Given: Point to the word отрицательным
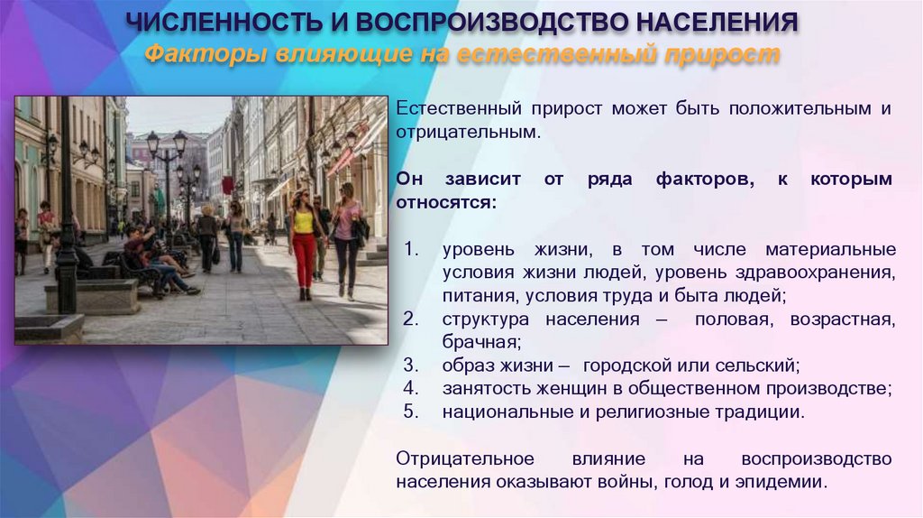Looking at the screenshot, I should coord(468,132).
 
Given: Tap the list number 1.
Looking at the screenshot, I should coord(411,249).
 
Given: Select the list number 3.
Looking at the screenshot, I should coord(411,366).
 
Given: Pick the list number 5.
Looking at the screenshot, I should coord(411,413).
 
